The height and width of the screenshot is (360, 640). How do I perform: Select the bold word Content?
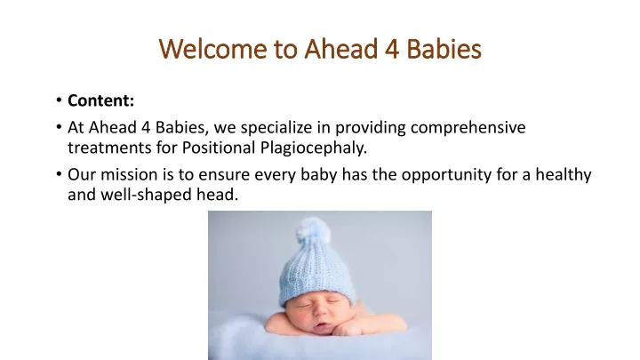click(100, 100)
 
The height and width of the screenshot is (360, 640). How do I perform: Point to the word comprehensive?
click(468, 128)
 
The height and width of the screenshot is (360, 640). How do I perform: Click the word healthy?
click(564, 175)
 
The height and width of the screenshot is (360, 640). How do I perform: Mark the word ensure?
click(224, 176)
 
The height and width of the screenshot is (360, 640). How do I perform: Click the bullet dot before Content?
click(60, 100)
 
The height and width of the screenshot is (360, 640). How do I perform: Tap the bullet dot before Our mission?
click(60, 175)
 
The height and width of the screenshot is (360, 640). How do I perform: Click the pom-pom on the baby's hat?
click(312, 230)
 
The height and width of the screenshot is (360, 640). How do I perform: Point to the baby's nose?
click(321, 313)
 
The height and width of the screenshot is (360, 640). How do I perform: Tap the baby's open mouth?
click(322, 325)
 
